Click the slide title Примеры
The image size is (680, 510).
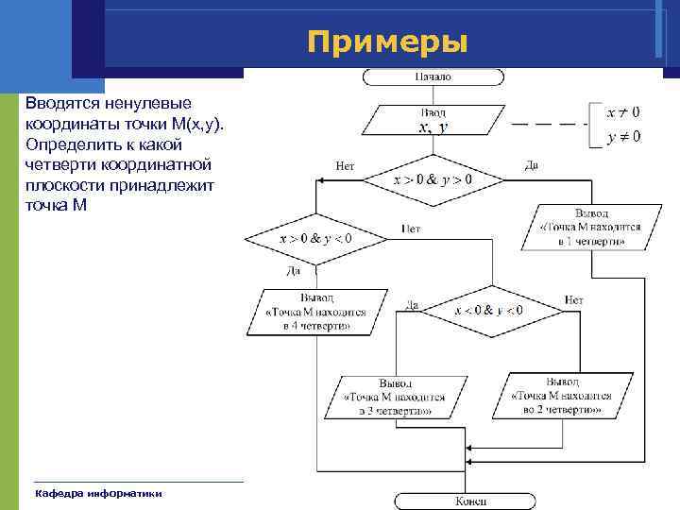pyautogui.click(x=387, y=42)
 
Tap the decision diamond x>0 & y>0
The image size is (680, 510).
pyautogui.click(x=433, y=177)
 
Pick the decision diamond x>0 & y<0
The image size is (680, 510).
pyautogui.click(x=315, y=239)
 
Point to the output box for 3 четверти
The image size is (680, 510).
pyautogui.click(x=396, y=398)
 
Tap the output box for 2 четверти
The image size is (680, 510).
pyautogui.click(x=566, y=396)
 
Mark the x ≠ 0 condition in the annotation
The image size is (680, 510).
pyautogui.click(x=622, y=112)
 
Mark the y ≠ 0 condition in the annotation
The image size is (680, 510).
pyautogui.click(x=622, y=137)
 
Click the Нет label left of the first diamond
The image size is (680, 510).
pyautogui.click(x=345, y=165)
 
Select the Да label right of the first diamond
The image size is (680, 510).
pyautogui.click(x=532, y=165)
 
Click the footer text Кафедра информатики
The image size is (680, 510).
pyautogui.click(x=98, y=493)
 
